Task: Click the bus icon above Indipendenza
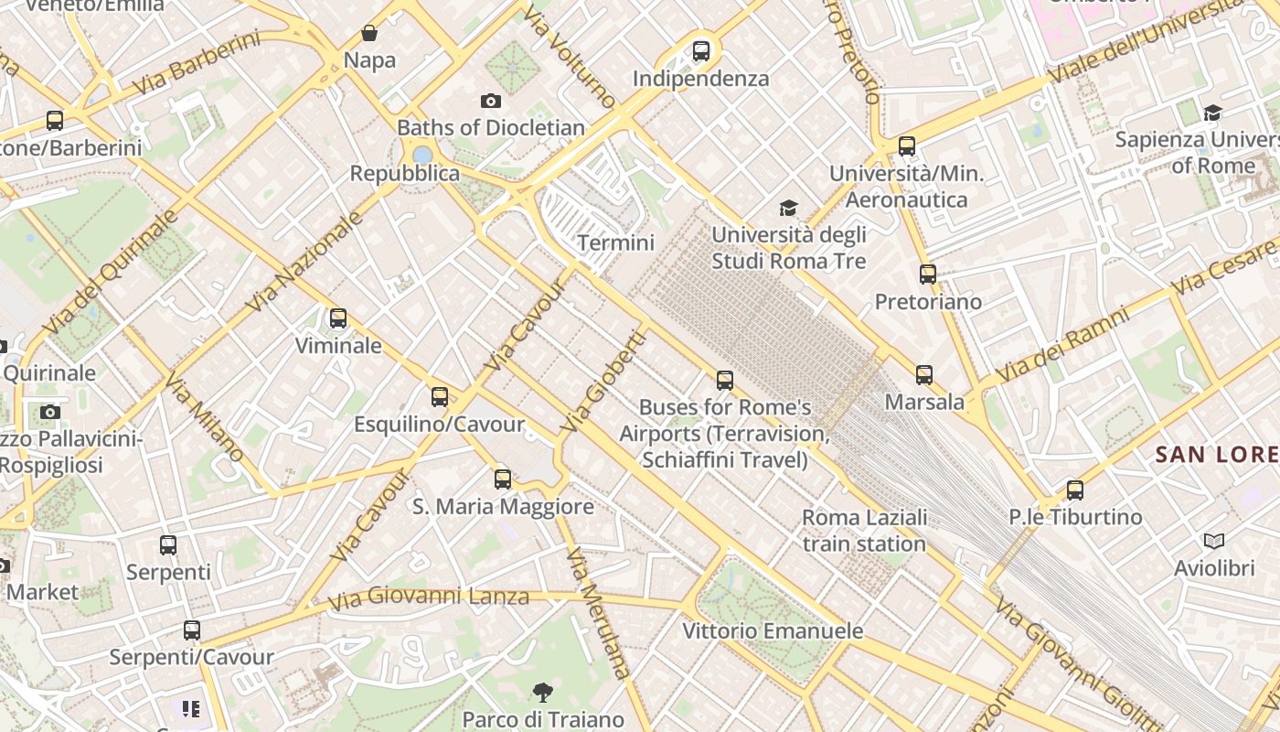pos(701,51)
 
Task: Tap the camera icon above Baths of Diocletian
pos(491,101)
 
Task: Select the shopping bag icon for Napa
pos(369,34)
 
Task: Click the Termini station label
pos(615,242)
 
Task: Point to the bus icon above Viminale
pos(338,318)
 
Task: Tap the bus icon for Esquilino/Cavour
pos(440,397)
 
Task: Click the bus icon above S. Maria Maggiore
pos(503,479)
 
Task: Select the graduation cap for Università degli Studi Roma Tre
pos(788,209)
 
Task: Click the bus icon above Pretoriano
pos(928,274)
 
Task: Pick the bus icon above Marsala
pos(924,375)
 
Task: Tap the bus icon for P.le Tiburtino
pos(1075,490)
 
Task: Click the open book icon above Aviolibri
pos(1214,542)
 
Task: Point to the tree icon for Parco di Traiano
pos(543,692)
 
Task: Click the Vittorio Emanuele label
pos(773,631)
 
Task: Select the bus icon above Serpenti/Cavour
pos(191,630)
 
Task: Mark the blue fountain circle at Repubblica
pos(421,155)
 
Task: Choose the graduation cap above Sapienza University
pos(1212,113)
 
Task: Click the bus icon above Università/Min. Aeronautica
pos(907,146)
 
